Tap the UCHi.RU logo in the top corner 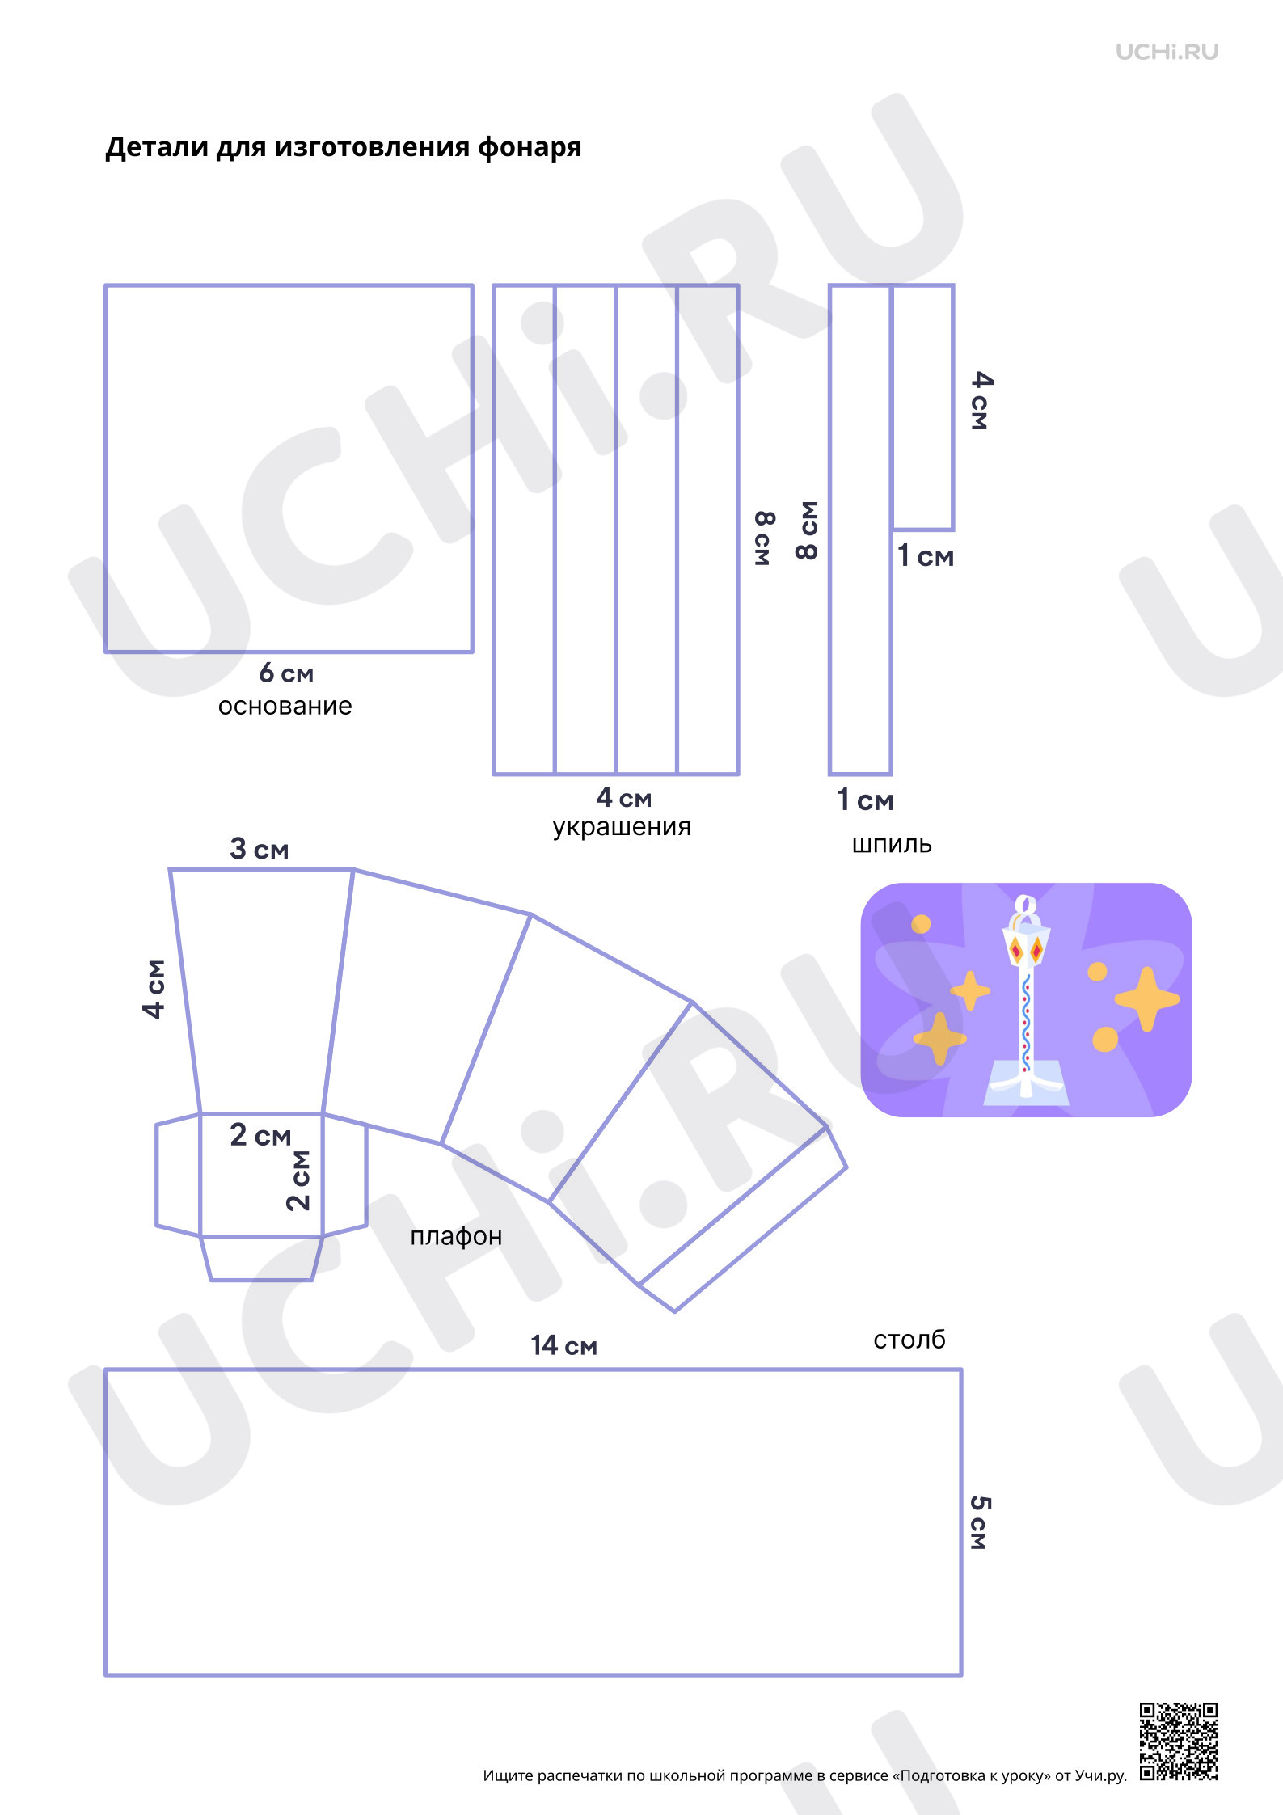[x=1167, y=53]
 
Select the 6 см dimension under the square [x=286, y=673]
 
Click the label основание [x=285, y=707]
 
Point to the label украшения [x=622, y=827]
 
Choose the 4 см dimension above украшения [x=624, y=798]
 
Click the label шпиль [x=892, y=845]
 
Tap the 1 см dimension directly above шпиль [x=865, y=800]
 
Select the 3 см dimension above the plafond [x=260, y=849]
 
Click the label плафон [x=456, y=1237]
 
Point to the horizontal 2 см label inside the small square [x=260, y=1135]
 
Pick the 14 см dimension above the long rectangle [x=563, y=1345]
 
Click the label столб [x=909, y=1340]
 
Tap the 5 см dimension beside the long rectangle [x=979, y=1523]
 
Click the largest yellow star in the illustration [x=1146, y=999]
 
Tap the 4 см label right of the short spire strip [x=981, y=400]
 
